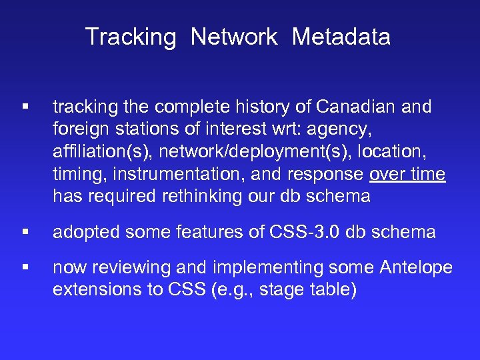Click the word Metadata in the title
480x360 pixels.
tap(341, 37)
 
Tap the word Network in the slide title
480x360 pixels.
tap(233, 37)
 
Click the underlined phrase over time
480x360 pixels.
tap(407, 175)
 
